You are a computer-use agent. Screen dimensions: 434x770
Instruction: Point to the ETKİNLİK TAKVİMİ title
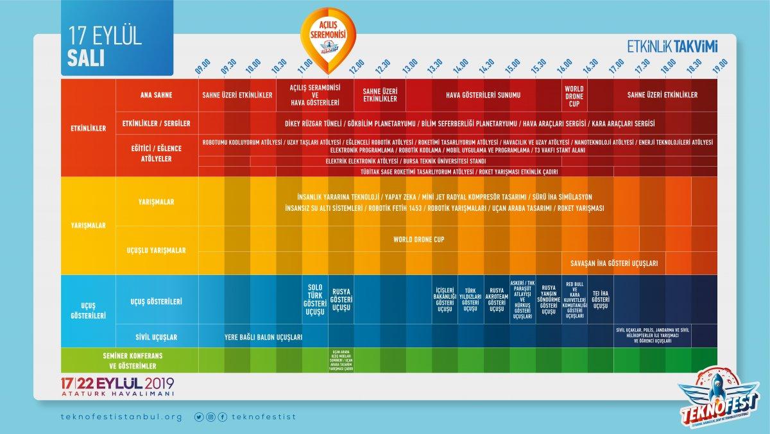[x=672, y=46]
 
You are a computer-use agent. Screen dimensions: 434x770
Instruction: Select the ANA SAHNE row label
[x=157, y=96]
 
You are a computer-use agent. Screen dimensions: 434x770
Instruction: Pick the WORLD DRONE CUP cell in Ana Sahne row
[x=575, y=96]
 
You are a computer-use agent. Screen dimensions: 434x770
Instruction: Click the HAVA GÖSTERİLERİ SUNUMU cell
[x=484, y=96]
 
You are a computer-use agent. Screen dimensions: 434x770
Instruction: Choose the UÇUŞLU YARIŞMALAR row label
[x=157, y=250]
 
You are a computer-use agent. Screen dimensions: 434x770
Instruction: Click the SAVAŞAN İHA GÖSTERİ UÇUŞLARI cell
[x=613, y=263]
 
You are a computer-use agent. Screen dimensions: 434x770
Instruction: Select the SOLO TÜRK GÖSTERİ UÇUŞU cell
[x=315, y=300]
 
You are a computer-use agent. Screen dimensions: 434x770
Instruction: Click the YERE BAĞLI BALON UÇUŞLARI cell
[x=263, y=337]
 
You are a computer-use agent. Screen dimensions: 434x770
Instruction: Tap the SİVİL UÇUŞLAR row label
[x=157, y=337]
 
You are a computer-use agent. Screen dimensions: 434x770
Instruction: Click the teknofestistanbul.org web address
[x=121, y=417]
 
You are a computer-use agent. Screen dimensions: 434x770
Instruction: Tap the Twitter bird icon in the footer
[x=199, y=417]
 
